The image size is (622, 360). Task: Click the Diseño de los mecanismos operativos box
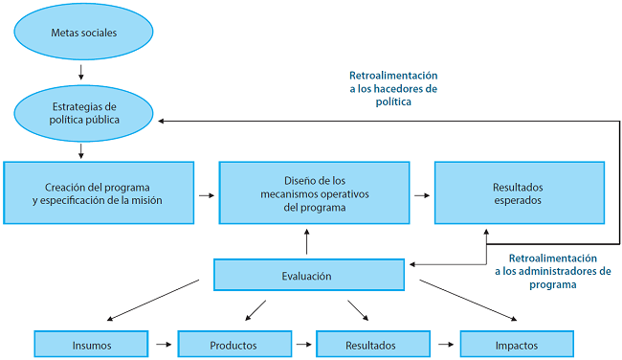pos(307,193)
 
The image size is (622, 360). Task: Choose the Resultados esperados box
pos(519,193)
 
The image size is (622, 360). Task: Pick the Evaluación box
pos(307,276)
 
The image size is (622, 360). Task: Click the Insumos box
pos(91,344)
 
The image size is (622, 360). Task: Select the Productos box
pos(235,344)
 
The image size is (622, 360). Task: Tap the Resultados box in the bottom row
pos(371,344)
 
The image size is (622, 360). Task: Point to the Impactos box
pos(517,344)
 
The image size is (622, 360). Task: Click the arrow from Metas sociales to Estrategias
pos(82,73)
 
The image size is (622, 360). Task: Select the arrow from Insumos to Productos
pos(164,344)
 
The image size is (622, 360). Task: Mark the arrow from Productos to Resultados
pos(303,344)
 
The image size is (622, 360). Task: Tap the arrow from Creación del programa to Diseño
pos(205,194)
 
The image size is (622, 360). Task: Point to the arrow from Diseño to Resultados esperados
pos(421,194)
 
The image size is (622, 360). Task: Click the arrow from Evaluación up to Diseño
pos(307,243)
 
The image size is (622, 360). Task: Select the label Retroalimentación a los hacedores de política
pos(393,88)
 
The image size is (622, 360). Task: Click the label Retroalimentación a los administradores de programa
pos(553,271)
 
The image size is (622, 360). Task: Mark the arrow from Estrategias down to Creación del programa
pos(82,149)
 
